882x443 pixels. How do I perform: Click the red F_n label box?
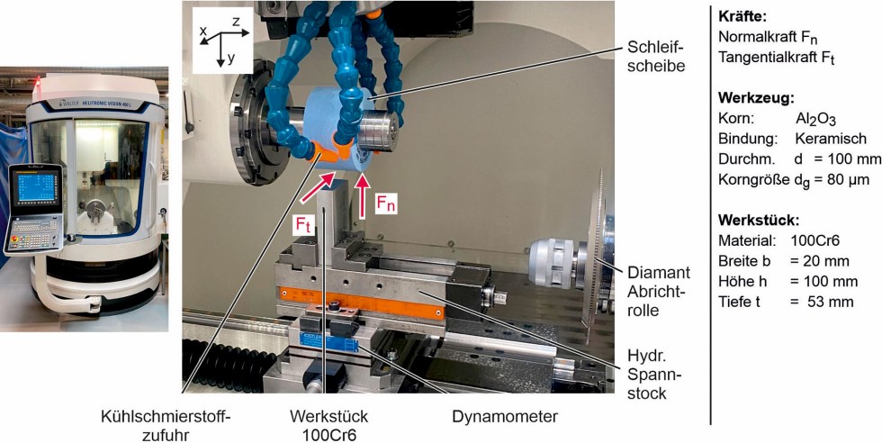(386, 205)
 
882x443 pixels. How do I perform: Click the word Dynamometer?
(504, 417)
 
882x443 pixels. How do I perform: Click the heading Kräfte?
(742, 17)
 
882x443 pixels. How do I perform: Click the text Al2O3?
(817, 119)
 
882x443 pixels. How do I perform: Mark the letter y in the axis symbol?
(231, 58)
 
